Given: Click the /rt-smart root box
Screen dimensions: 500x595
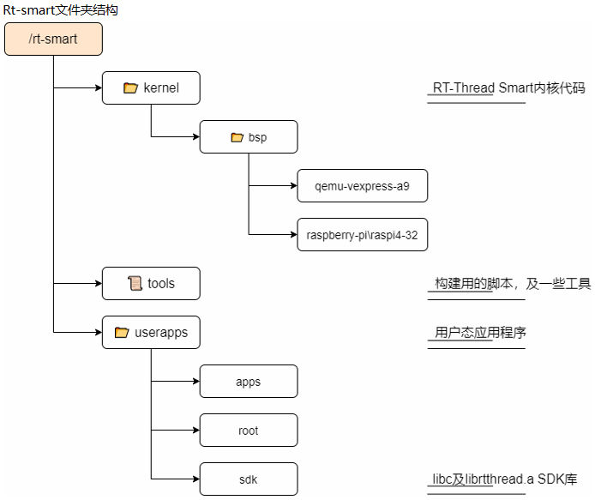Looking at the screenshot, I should pyautogui.click(x=53, y=39).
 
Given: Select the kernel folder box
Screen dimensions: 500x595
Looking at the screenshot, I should pyautogui.click(x=151, y=87).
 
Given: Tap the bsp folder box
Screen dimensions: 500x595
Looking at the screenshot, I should pyautogui.click(x=249, y=137).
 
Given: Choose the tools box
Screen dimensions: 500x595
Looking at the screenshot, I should pyautogui.click(x=151, y=284).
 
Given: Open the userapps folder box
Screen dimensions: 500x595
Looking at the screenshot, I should pyautogui.click(x=151, y=332).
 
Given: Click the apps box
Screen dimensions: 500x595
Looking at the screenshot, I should pyautogui.click(x=249, y=382).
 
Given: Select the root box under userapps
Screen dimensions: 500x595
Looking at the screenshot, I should pyautogui.click(x=249, y=431).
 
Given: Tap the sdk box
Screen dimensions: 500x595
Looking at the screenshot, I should pyautogui.click(x=249, y=479).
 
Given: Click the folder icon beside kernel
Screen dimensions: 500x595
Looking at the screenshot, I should pyautogui.click(x=130, y=87).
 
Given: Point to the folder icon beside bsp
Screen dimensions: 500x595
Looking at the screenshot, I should pyautogui.click(x=237, y=137).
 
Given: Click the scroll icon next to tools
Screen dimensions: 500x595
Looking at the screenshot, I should pyautogui.click(x=135, y=284).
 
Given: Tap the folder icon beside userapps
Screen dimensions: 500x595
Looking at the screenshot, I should pyautogui.click(x=121, y=333).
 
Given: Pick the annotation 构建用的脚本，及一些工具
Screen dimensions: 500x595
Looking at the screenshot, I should pyautogui.click(x=512, y=284).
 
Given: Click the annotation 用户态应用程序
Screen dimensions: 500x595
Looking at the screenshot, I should pyautogui.click(x=479, y=333).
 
